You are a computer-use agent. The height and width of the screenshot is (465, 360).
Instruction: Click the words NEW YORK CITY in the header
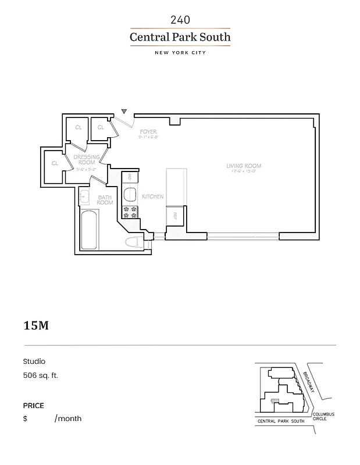pos(180,53)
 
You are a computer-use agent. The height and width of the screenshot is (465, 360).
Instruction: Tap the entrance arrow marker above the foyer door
pos(124,110)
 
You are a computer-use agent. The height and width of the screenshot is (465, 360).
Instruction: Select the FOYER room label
pos(145,132)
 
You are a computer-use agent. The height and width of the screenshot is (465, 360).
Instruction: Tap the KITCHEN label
pos(153,196)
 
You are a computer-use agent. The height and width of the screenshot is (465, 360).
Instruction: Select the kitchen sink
pos(130,195)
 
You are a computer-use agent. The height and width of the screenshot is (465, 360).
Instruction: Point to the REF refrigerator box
pos(175,216)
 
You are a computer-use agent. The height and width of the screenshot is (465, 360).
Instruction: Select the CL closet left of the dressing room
pos(55,163)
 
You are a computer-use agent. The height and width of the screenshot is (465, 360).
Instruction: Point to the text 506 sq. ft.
pos(41,375)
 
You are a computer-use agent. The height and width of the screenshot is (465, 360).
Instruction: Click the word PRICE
pos(34,406)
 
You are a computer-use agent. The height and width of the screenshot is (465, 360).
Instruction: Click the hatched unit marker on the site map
pos(276,400)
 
